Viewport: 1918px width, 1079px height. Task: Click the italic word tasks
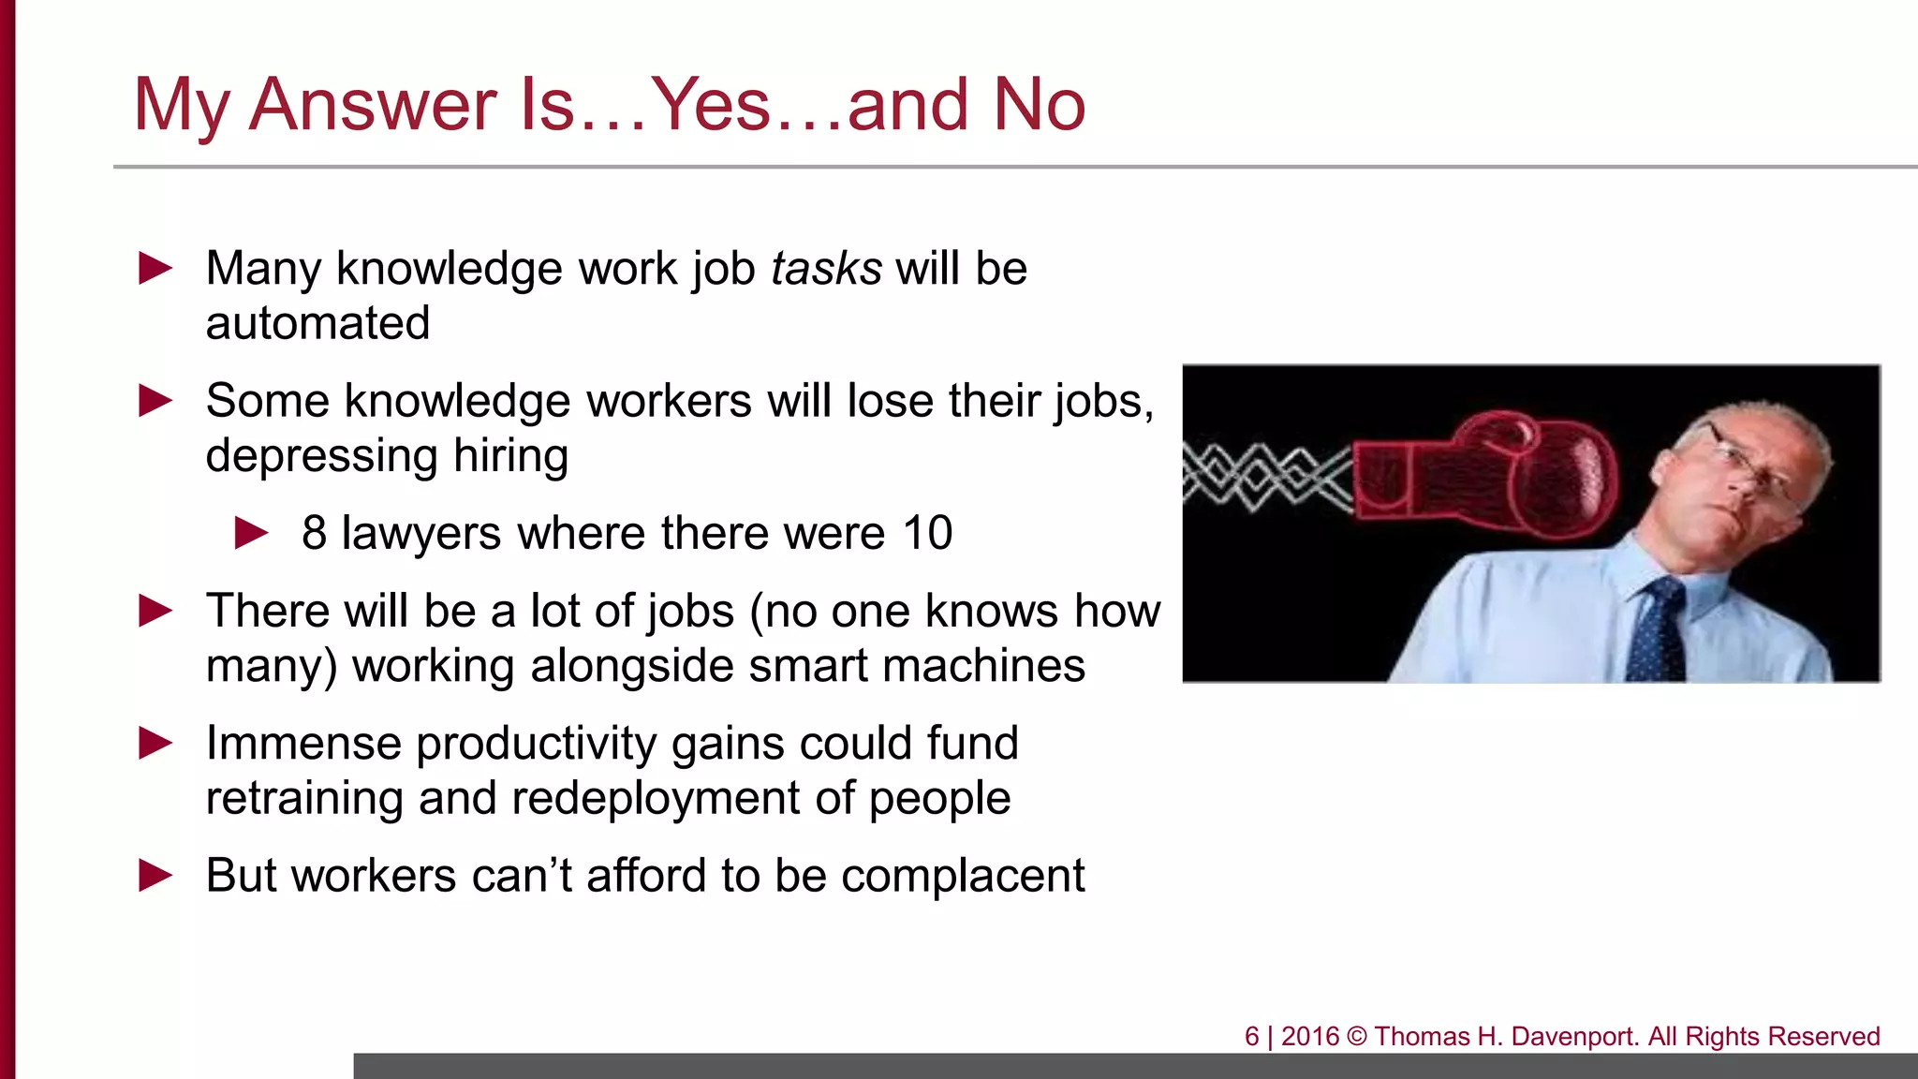click(826, 269)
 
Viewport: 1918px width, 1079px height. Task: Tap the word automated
click(317, 323)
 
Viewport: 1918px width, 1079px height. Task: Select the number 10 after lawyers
click(927, 533)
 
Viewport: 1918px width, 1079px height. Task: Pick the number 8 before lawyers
click(314, 533)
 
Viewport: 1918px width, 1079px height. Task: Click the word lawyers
click(421, 534)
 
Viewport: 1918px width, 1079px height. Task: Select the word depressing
click(322, 456)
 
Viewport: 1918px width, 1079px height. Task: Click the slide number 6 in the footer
click(1251, 1037)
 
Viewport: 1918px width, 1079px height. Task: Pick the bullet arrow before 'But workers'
click(155, 876)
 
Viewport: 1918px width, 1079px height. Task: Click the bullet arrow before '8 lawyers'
click(251, 533)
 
